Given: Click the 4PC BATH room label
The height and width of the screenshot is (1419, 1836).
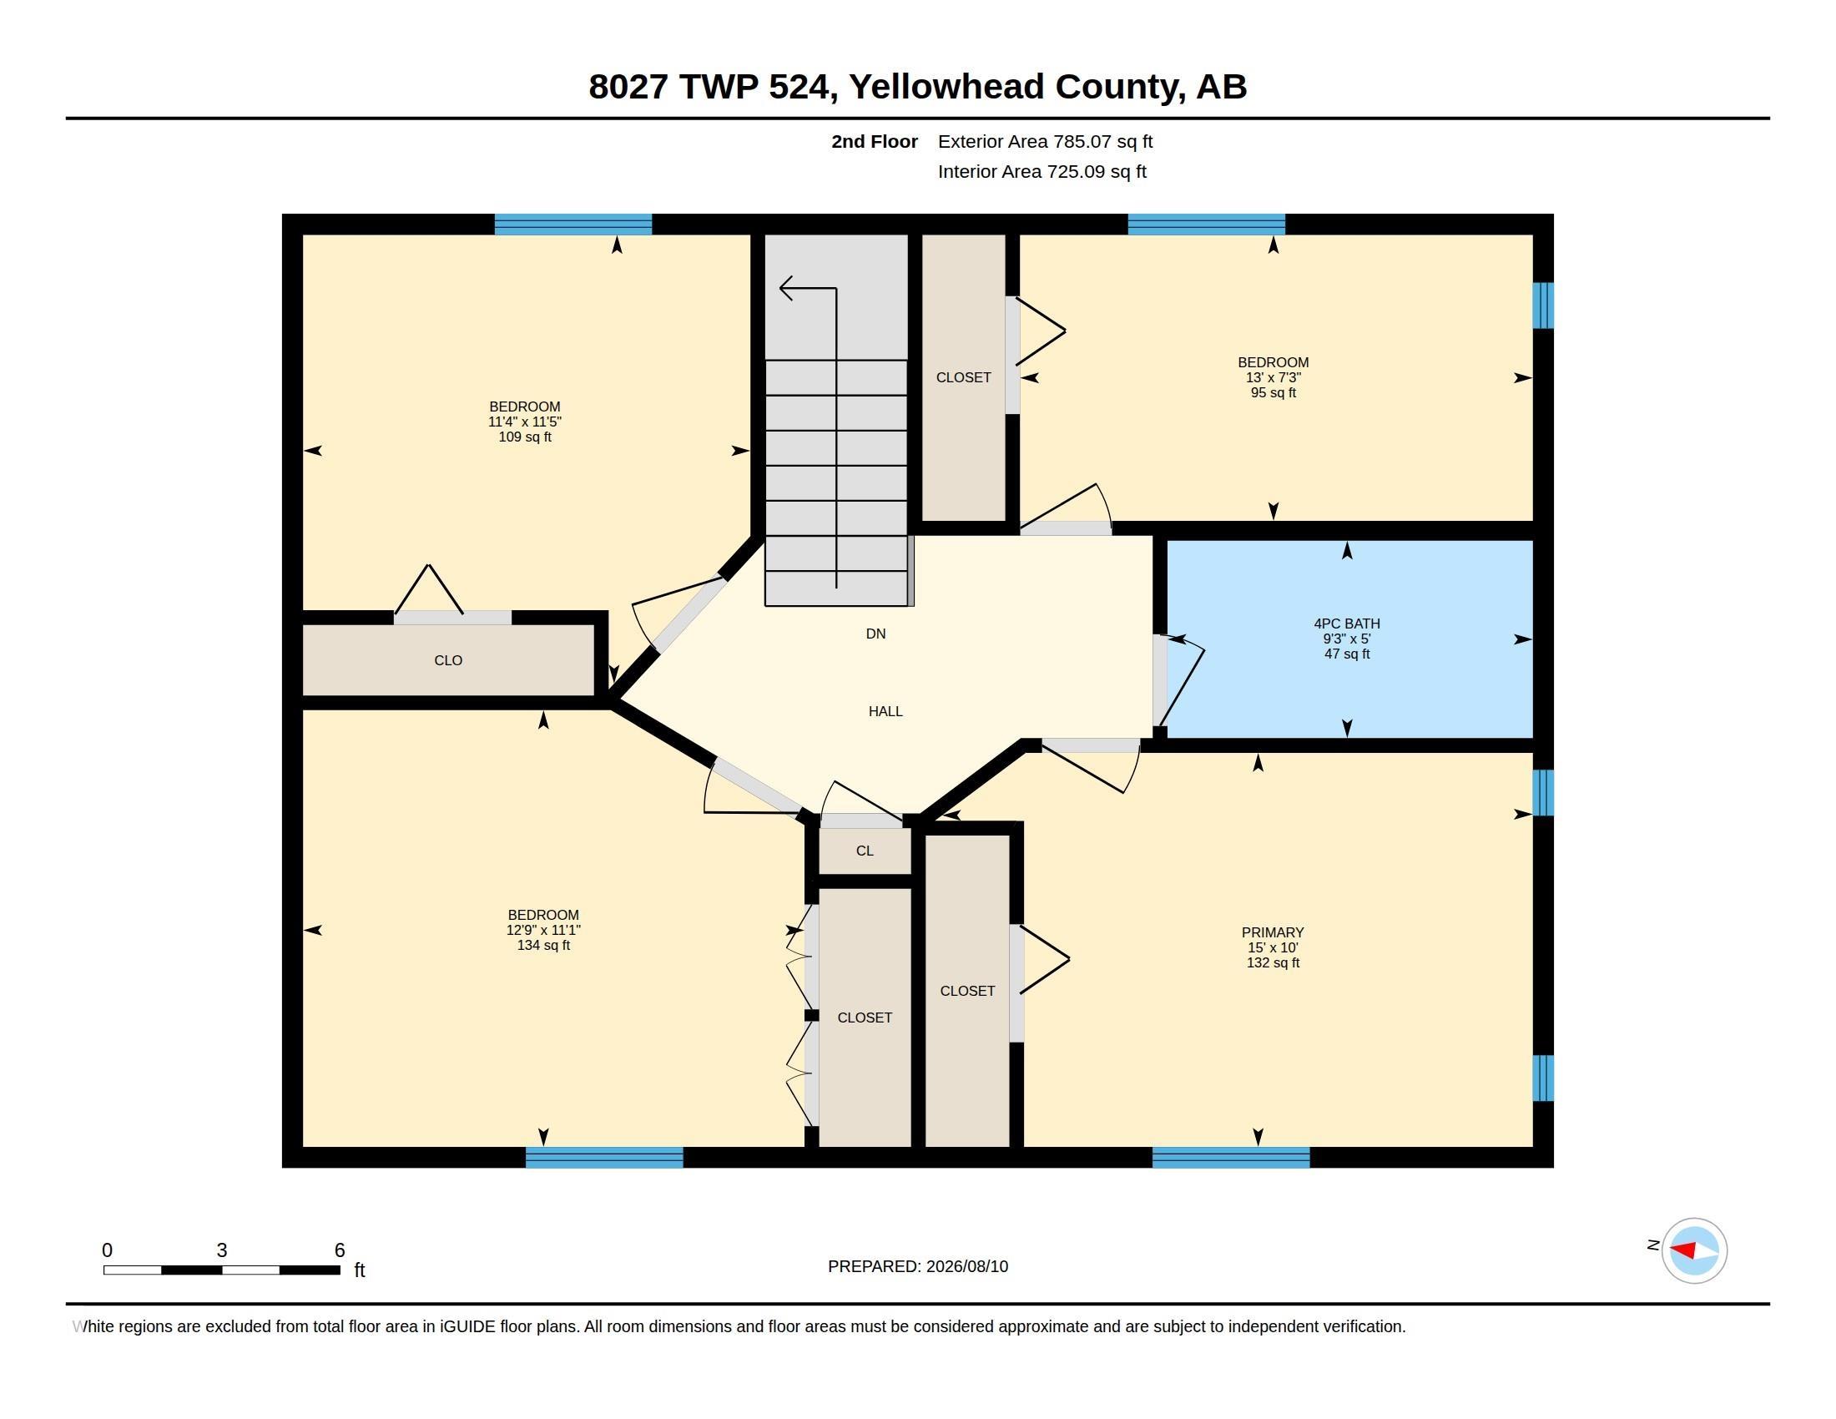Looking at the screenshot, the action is point(1347,624).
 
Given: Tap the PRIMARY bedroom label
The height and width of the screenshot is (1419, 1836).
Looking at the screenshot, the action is point(1273,932).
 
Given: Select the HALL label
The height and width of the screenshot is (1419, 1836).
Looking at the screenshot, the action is point(885,711).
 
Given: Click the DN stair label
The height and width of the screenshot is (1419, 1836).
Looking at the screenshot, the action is point(876,634).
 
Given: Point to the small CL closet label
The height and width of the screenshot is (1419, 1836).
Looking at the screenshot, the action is point(865,851).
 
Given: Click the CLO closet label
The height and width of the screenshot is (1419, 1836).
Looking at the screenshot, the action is point(448,661).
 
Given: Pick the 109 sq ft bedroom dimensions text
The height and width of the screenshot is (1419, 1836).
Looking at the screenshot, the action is point(525,422).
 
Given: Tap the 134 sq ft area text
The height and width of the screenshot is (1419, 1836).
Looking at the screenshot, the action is point(543,946).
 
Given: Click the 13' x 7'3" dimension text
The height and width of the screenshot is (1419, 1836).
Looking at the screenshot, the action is point(1273,377).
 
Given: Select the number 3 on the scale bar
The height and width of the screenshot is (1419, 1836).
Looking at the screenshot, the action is point(222,1250).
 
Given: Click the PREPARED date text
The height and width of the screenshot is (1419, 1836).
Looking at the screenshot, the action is point(918,1267).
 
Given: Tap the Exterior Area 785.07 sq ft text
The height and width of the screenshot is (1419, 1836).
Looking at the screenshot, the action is point(1045,142).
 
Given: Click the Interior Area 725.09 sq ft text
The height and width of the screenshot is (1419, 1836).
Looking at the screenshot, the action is point(1042,172).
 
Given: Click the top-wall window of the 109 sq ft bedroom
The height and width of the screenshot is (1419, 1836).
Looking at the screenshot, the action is point(573,225).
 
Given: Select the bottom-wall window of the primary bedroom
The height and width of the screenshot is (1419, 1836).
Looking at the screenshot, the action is point(1231,1158).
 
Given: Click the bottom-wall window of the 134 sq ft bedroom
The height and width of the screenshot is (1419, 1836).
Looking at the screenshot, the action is point(604,1158).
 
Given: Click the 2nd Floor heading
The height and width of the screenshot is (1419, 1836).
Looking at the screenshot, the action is point(875,142).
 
